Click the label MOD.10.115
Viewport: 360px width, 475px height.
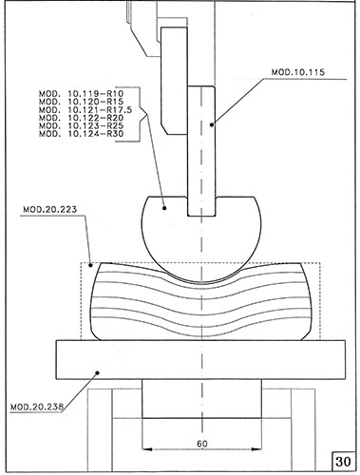(x=298, y=72)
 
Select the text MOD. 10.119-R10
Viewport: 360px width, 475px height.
(x=82, y=94)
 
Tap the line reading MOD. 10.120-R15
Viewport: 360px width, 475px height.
(x=82, y=102)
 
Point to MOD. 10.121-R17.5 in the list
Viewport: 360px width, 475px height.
(x=85, y=110)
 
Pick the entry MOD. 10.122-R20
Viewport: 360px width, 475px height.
(x=82, y=118)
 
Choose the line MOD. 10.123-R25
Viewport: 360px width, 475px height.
(x=82, y=125)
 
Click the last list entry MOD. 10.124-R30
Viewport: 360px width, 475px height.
(x=82, y=134)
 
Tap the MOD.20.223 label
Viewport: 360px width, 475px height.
(x=49, y=209)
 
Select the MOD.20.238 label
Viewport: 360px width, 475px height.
(x=37, y=407)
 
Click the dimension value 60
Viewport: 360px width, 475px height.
(x=202, y=444)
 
